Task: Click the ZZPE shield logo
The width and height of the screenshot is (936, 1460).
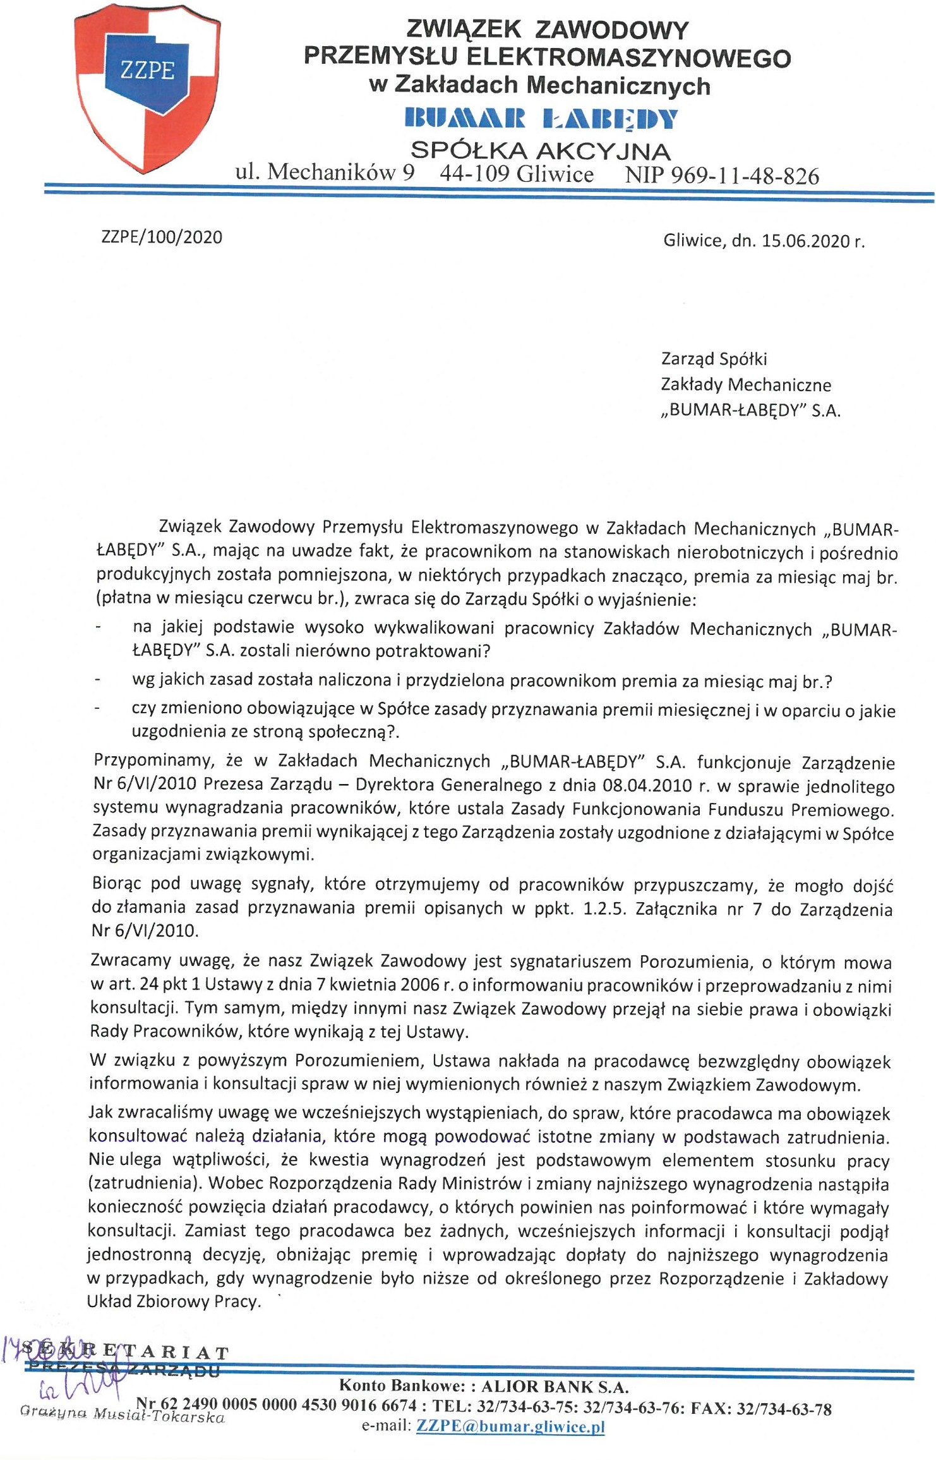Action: click(x=147, y=88)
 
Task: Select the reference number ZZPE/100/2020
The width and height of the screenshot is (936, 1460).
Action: click(x=162, y=238)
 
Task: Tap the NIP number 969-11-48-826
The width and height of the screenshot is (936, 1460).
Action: click(x=745, y=176)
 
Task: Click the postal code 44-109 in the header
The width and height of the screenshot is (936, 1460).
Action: click(x=474, y=174)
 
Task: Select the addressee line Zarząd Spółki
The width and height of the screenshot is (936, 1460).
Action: click(x=714, y=359)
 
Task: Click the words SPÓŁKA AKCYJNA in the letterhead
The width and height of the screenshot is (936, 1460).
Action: click(x=541, y=150)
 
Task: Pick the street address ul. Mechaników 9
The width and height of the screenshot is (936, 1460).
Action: click(x=325, y=172)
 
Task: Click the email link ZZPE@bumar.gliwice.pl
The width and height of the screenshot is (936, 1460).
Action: click(x=510, y=1426)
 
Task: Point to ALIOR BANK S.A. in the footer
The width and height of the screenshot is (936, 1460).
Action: click(x=555, y=1387)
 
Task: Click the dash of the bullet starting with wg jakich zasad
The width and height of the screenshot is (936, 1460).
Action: click(x=98, y=680)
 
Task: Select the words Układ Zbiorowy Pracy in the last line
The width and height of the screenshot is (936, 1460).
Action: click(x=173, y=1302)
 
